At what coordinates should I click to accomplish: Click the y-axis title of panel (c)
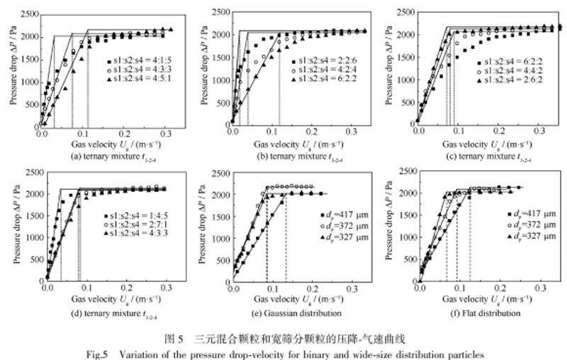388,67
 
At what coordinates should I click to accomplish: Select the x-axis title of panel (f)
476,300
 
